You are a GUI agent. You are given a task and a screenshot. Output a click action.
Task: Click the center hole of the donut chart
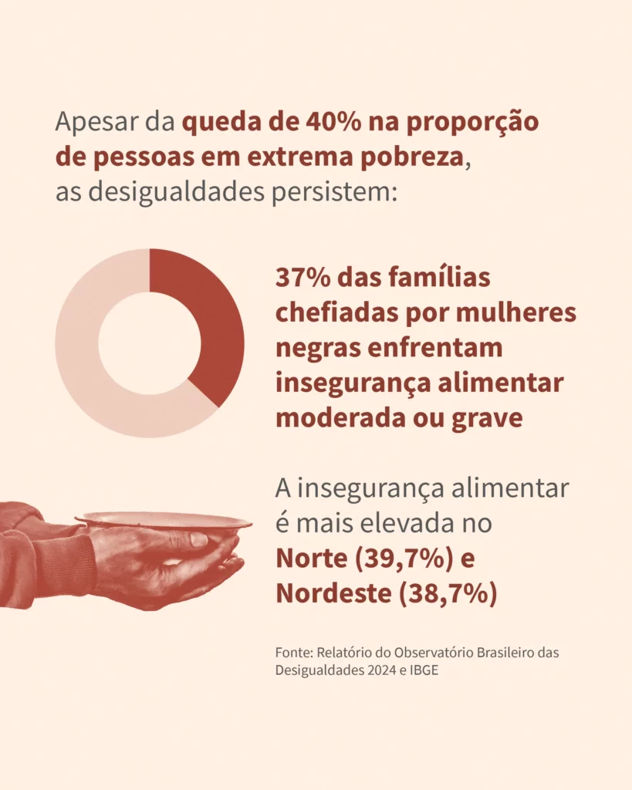[150, 343]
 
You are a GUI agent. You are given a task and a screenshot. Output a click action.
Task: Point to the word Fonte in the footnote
[292, 653]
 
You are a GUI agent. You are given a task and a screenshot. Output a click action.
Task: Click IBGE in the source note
[424, 670]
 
